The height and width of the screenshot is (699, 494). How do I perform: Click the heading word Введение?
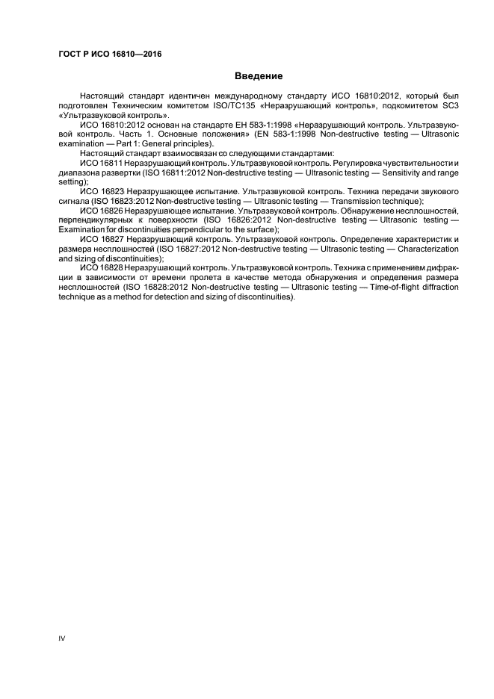tap(259, 75)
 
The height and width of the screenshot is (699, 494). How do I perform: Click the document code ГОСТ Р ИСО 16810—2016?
tap(110, 55)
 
